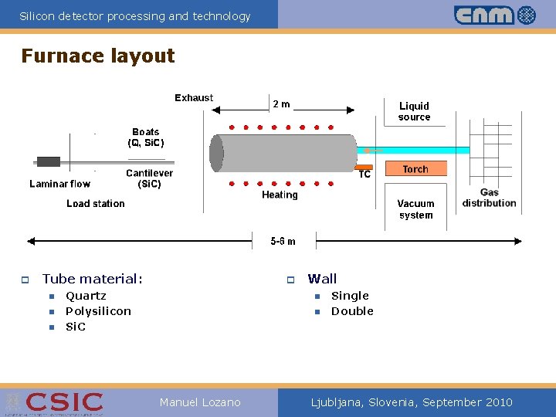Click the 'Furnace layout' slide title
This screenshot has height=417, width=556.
point(98,56)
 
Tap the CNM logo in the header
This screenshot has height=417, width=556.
point(494,15)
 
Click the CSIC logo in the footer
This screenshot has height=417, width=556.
point(54,402)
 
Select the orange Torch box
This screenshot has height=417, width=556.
point(415,169)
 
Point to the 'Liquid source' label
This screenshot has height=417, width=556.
point(414,111)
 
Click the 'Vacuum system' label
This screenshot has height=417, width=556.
point(415,209)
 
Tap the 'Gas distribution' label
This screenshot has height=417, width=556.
point(489,198)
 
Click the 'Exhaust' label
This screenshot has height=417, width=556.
point(194,98)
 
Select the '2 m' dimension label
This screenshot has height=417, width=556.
point(280,104)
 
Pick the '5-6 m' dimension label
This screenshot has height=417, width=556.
point(283,241)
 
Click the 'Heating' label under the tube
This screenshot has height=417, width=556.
point(280,195)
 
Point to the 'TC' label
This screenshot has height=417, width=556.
point(364,175)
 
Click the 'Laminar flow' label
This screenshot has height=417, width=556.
point(59,184)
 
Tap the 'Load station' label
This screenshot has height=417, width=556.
point(95,203)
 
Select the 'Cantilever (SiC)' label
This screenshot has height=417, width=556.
point(149,178)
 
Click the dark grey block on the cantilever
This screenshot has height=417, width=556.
point(49,162)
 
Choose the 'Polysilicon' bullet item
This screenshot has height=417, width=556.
point(98,311)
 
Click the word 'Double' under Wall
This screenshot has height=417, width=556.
point(352,311)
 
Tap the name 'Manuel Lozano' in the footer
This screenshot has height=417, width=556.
point(200,402)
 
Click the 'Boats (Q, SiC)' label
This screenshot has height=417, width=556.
point(146,137)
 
